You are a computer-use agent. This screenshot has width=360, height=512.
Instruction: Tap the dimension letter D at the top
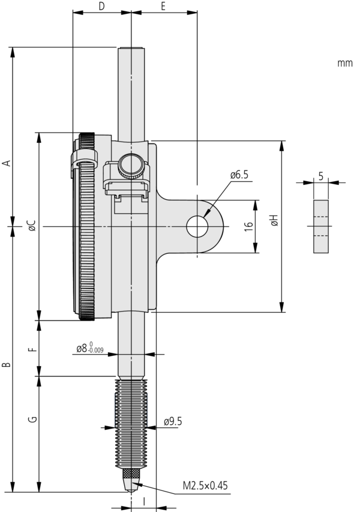101,6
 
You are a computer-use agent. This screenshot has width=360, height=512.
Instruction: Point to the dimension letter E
163,6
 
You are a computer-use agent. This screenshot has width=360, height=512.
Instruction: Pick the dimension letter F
34,348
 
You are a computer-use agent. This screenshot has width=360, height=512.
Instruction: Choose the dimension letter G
34,419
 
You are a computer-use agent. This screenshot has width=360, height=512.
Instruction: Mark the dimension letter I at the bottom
143,499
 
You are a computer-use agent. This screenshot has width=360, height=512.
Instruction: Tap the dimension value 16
248,226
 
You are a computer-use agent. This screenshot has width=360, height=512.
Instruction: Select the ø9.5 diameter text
172,422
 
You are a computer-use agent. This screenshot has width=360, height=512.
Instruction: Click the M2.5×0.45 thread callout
203,486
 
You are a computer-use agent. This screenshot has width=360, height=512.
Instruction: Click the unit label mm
344,62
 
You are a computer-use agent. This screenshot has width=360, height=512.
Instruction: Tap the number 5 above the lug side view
321,176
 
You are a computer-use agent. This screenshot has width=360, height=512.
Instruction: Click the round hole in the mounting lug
196,226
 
